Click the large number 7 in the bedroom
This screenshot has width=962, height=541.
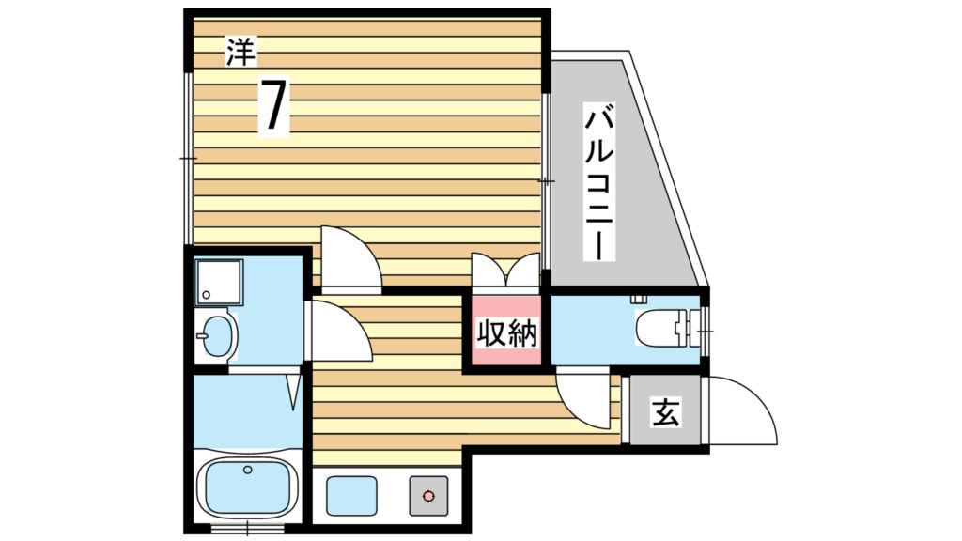(273, 105)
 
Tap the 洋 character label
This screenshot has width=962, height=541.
(240, 52)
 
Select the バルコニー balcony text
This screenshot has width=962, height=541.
(598, 183)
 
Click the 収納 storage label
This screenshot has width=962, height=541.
(506, 333)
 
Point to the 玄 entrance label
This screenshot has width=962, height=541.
(666, 411)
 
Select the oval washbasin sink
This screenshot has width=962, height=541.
(217, 335)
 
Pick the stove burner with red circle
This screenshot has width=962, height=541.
(428, 496)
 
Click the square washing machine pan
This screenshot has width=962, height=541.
(218, 282)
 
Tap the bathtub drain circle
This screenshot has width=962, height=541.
(247, 470)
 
